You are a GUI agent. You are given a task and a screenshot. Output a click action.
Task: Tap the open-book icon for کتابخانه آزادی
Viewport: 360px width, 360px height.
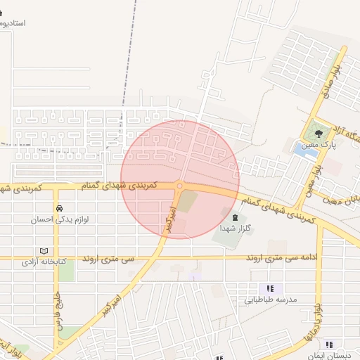pos(45,251)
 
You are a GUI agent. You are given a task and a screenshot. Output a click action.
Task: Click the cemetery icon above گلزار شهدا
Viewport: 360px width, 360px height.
pos(235,218)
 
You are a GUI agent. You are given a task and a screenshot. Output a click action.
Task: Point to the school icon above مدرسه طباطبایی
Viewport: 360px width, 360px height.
pos(270,288)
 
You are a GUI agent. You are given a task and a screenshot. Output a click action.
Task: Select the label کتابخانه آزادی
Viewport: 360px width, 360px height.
pos(44,262)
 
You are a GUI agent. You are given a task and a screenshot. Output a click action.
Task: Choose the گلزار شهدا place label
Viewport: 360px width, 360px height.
pos(236,229)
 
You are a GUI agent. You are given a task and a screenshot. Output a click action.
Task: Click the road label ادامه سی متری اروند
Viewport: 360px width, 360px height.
pos(282,258)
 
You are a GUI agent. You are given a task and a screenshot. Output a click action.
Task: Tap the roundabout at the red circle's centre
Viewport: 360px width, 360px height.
pos(180,186)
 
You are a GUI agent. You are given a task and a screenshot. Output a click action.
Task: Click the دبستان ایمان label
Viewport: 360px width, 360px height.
pos(336,345)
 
